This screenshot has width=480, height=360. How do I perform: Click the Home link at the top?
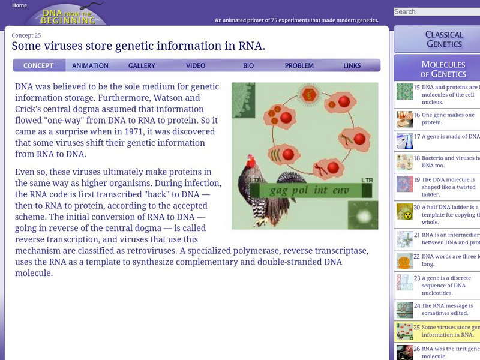click(19, 5)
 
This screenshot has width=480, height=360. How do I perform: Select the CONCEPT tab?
click(38, 66)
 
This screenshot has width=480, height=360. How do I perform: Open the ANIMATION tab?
click(90, 66)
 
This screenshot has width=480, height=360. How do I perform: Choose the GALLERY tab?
click(142, 66)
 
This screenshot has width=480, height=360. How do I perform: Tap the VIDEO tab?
click(196, 66)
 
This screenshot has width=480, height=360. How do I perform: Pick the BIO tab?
click(248, 66)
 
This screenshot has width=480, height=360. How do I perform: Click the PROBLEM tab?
click(299, 66)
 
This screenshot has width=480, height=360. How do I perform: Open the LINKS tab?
click(352, 66)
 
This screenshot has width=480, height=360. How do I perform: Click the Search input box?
click(436, 11)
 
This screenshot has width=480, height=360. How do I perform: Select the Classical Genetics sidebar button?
click(444, 39)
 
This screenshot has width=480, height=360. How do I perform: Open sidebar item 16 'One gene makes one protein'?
click(447, 118)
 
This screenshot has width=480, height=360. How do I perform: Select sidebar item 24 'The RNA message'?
click(447, 310)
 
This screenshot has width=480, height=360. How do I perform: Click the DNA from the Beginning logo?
click(70, 16)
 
